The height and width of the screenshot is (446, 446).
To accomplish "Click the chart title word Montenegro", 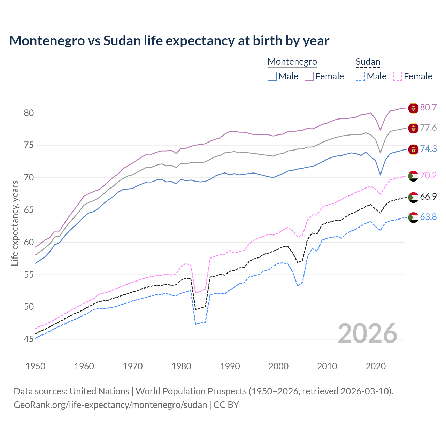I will [x=47, y=41].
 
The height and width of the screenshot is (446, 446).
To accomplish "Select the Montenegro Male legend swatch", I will [x=272, y=76].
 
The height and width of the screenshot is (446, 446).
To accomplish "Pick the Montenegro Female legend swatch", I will [x=309, y=76].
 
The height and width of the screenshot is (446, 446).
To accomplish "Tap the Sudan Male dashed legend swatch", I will [x=360, y=76].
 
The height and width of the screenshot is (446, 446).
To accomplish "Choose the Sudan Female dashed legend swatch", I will [x=397, y=76].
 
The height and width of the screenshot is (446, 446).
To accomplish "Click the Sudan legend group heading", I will [x=368, y=62].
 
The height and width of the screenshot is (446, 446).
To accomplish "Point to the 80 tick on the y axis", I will [x=29, y=113].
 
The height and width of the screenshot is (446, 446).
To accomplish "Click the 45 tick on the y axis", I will [x=29, y=339].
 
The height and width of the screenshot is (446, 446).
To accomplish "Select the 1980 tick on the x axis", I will [x=182, y=366].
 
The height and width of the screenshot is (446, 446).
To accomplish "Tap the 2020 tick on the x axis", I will [x=376, y=366].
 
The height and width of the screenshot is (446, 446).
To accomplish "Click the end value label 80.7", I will [x=428, y=107].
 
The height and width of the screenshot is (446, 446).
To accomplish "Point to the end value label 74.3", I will [x=428, y=149].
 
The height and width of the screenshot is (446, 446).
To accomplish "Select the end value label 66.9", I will [x=428, y=197].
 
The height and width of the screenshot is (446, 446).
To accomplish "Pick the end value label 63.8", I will [x=428, y=217].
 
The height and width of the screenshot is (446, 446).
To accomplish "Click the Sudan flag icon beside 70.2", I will [x=413, y=176].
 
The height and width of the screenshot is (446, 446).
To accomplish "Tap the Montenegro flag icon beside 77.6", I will [x=413, y=128].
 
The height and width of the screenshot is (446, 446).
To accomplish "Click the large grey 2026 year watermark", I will [x=367, y=333].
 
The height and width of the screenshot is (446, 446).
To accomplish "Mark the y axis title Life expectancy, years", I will [x=15, y=223].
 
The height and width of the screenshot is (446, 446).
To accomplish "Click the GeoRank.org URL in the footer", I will [x=110, y=405].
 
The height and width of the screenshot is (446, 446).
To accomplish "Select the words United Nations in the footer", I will [x=99, y=391].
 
